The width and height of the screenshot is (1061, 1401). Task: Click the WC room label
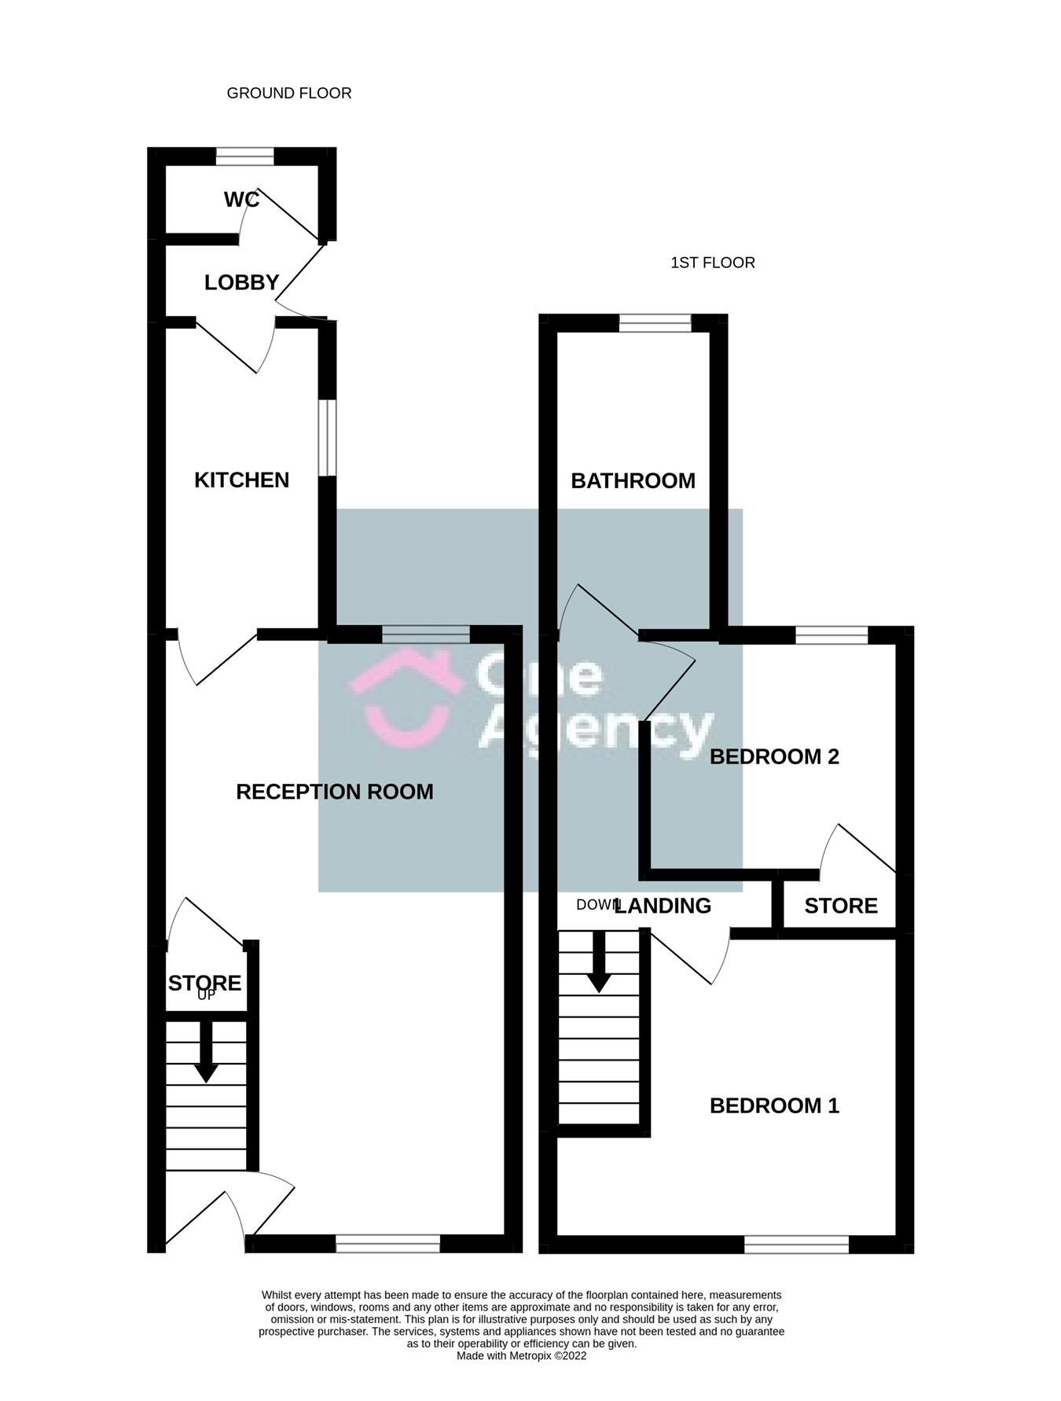coord(241,200)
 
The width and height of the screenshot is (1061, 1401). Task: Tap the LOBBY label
coord(241,282)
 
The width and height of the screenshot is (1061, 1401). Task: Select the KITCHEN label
coord(241,480)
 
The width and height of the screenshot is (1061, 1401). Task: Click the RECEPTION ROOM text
coord(335,792)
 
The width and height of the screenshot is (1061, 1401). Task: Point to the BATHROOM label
coord(633,480)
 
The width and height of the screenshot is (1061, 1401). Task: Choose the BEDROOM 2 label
coord(774,756)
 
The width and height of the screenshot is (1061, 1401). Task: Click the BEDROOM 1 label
coord(774,1105)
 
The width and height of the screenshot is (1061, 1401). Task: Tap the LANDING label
coord(663,906)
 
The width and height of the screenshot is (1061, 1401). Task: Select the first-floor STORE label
coord(841,906)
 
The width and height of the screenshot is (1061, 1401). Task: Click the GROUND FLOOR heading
coord(289,93)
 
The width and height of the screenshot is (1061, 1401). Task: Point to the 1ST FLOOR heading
coord(713,263)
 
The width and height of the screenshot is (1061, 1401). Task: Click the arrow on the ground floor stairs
coord(206,1051)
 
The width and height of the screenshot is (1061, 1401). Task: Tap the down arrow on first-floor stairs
coord(600,962)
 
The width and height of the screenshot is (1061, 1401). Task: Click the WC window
coord(245,156)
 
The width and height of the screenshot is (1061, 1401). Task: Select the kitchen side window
coord(328,438)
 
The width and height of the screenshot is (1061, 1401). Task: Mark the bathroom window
coord(655,323)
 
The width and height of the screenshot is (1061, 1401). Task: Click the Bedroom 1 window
coord(797,1244)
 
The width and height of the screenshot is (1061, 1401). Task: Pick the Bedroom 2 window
coord(832,635)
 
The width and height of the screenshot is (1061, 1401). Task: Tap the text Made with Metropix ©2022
coord(522,1355)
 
